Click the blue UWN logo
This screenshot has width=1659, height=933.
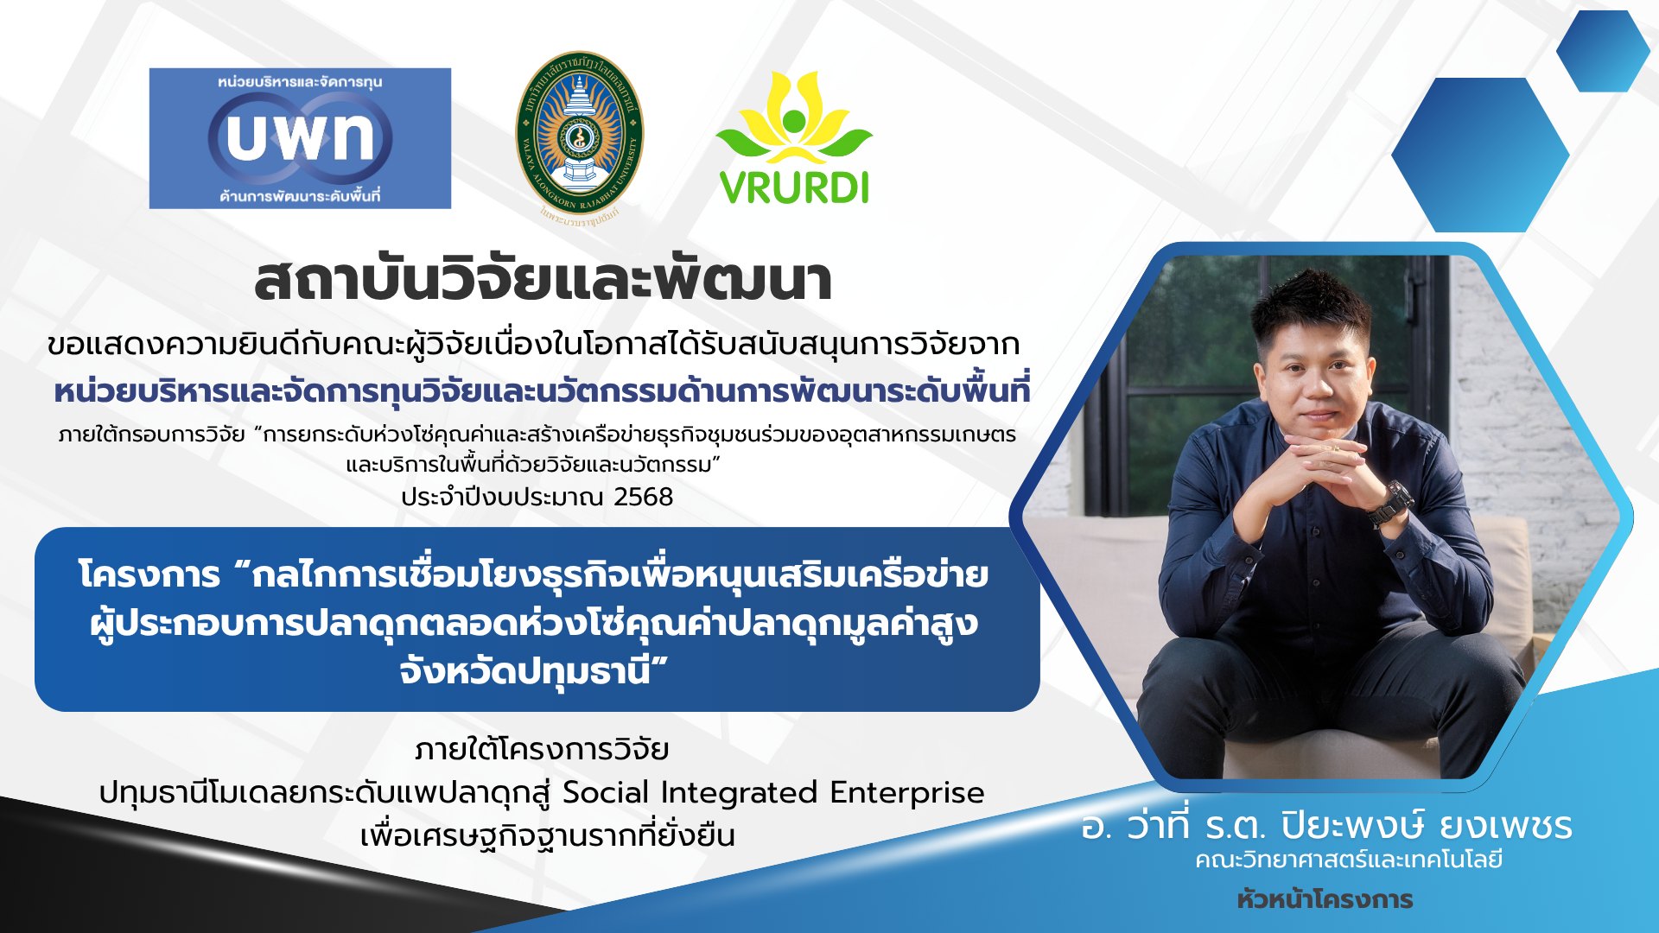[x=300, y=138]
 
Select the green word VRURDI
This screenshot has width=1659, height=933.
[x=794, y=188]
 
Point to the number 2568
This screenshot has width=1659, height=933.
[x=643, y=497]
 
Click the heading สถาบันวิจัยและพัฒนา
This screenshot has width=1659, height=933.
[x=543, y=280]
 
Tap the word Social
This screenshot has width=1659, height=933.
[x=605, y=792]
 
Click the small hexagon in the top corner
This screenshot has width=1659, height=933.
[x=1604, y=51]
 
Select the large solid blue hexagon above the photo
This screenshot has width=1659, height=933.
[x=1480, y=155]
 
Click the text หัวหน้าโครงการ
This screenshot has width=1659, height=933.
[x=1325, y=899]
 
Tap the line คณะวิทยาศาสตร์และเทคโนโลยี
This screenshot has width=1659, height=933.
[x=1349, y=860]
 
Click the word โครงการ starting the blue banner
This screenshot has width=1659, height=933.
[x=149, y=575]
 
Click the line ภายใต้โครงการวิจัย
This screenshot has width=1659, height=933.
[x=542, y=748]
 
